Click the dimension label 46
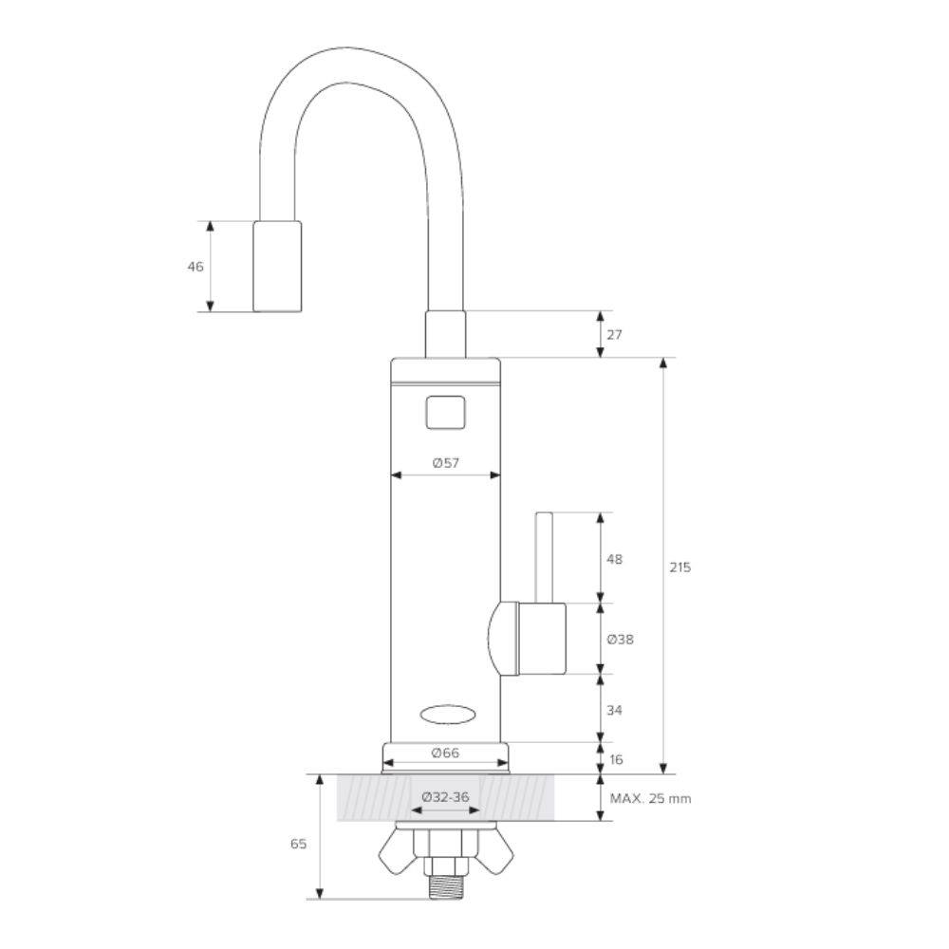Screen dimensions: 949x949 [x=195, y=267]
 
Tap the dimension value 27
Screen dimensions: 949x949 [x=614, y=335]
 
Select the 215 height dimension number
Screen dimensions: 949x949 [x=679, y=568]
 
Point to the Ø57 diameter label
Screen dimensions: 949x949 [x=445, y=463]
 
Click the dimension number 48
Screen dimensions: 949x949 [x=614, y=559]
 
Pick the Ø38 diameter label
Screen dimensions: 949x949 [x=620, y=639]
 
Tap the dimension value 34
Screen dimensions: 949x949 [x=614, y=710]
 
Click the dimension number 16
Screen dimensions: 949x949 [x=616, y=759]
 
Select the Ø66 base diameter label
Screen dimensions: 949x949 [x=445, y=753]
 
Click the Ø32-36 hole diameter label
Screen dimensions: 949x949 [x=445, y=797]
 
